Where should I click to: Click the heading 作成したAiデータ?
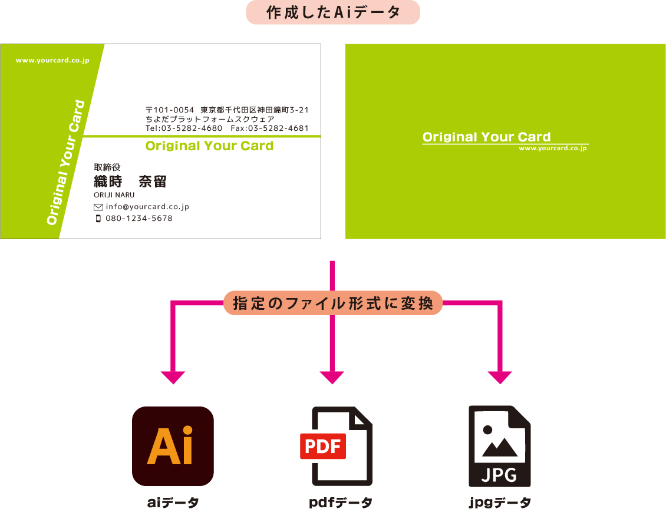[333, 12]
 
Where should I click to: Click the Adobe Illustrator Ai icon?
[173, 446]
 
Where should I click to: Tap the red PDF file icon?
[336, 446]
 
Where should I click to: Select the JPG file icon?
[499, 446]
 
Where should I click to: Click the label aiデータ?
[173, 503]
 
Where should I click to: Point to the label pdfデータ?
[341, 503]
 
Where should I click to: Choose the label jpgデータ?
[500, 503]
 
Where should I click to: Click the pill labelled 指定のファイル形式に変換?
[333, 303]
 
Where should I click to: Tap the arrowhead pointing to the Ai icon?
[173, 378]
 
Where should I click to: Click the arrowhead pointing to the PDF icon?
[332, 378]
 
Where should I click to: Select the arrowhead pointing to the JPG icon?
[500, 378]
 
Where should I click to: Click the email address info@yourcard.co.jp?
[147, 207]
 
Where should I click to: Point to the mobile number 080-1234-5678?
[139, 219]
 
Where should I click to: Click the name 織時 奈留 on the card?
[130, 181]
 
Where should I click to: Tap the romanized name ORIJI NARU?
[114, 195]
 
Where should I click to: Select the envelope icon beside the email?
[98, 207]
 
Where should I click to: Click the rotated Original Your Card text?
[66, 163]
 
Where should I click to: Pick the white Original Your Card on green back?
[486, 137]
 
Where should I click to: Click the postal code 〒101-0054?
[170, 110]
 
